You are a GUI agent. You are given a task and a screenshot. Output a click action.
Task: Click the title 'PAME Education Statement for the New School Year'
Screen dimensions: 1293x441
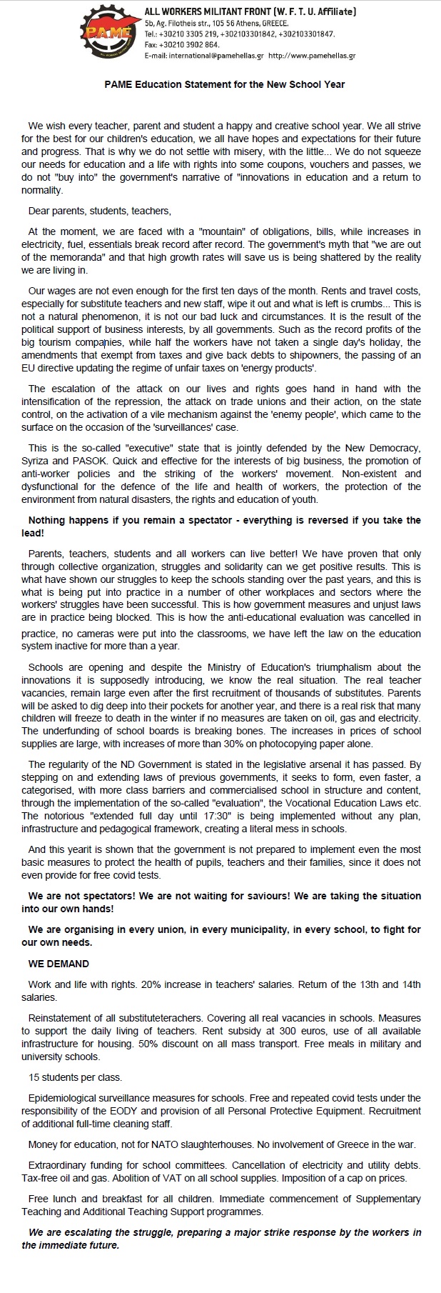coord(220,84)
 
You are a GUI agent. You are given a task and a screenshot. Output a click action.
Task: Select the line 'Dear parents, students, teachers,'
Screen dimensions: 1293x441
coord(100,211)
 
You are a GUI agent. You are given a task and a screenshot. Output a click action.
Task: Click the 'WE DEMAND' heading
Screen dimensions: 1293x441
coord(59,964)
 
